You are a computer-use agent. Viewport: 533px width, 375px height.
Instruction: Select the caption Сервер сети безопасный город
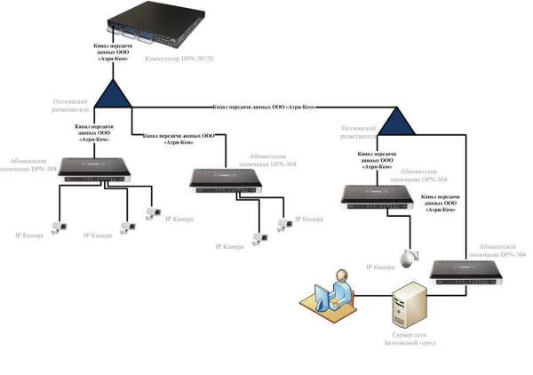pyautogui.click(x=411, y=338)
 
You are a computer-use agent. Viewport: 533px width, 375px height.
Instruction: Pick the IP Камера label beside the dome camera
pyautogui.click(x=380, y=267)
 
